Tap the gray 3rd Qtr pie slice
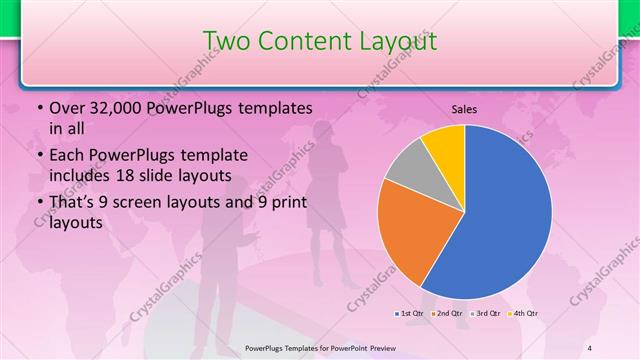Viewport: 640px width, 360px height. pyautogui.click(x=409, y=171)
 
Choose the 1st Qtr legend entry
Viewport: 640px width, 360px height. pyautogui.click(x=410, y=314)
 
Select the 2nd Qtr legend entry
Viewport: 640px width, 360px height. pyautogui.click(x=445, y=314)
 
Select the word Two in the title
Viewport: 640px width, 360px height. pyautogui.click(x=226, y=41)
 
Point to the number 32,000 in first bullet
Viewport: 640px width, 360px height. pyautogui.click(x=118, y=108)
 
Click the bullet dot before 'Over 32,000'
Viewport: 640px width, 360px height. pyautogui.click(x=38, y=108)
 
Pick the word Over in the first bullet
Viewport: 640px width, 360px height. pyautogui.click(x=67, y=108)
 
